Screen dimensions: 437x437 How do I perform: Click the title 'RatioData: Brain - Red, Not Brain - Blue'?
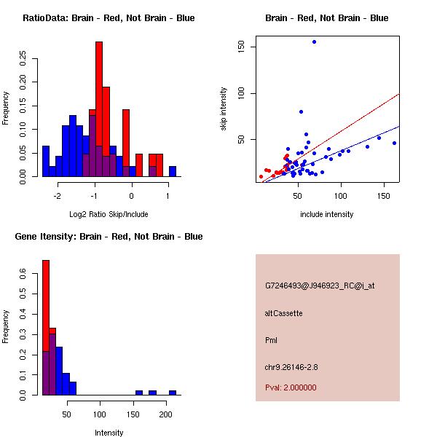(109, 18)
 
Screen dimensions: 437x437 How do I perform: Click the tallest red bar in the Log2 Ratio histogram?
(99, 109)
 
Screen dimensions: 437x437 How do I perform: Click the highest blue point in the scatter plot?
(314, 42)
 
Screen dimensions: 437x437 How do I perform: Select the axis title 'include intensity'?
(327, 214)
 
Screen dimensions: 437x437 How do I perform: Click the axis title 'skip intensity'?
(224, 109)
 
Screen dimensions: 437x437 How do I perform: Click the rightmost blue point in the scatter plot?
(394, 143)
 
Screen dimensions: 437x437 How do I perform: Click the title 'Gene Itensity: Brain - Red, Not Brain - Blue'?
(108, 237)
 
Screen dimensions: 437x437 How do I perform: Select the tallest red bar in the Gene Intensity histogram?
(46, 328)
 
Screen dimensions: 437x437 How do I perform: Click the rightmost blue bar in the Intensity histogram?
(173, 393)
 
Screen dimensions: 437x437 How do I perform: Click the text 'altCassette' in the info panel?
(284, 313)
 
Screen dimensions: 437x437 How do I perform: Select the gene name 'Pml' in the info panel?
(271, 340)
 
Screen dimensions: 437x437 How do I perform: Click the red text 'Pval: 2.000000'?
(291, 387)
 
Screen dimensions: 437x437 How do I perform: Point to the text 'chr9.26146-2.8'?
(291, 366)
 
